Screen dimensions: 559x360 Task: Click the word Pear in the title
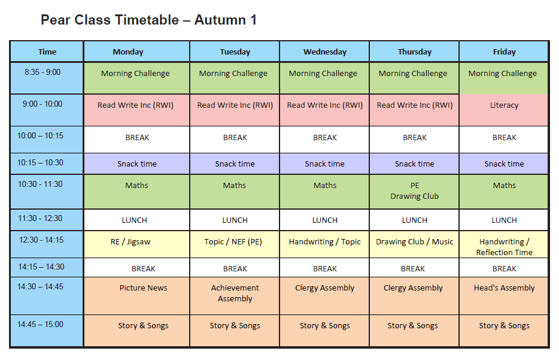pos(55,20)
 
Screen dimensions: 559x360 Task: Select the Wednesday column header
pos(325,52)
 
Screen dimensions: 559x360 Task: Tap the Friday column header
pos(504,52)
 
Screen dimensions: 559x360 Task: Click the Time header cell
pos(47,52)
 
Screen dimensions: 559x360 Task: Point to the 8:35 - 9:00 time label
pos(42,72)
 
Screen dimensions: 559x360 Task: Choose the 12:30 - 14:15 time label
pos(41,240)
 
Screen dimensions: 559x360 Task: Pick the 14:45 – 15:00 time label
pos(40,324)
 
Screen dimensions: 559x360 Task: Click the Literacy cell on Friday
pos(504,110)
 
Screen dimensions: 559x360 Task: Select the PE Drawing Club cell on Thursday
pos(414,192)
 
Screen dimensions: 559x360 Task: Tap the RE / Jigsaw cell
pos(137,244)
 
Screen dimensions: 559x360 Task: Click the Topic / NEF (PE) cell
pos(235,244)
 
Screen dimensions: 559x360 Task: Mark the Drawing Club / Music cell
pos(414,244)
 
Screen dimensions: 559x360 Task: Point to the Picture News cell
pos(137,296)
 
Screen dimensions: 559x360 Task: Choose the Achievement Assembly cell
pos(235,296)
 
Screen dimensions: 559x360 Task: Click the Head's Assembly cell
pos(504,296)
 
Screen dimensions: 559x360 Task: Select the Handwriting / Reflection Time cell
pos(504,244)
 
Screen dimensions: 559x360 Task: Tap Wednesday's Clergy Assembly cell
pos(324,296)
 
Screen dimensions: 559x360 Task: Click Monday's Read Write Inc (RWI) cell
pos(137,110)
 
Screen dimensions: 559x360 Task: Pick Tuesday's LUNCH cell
pos(235,220)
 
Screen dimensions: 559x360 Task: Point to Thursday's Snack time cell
pos(414,164)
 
